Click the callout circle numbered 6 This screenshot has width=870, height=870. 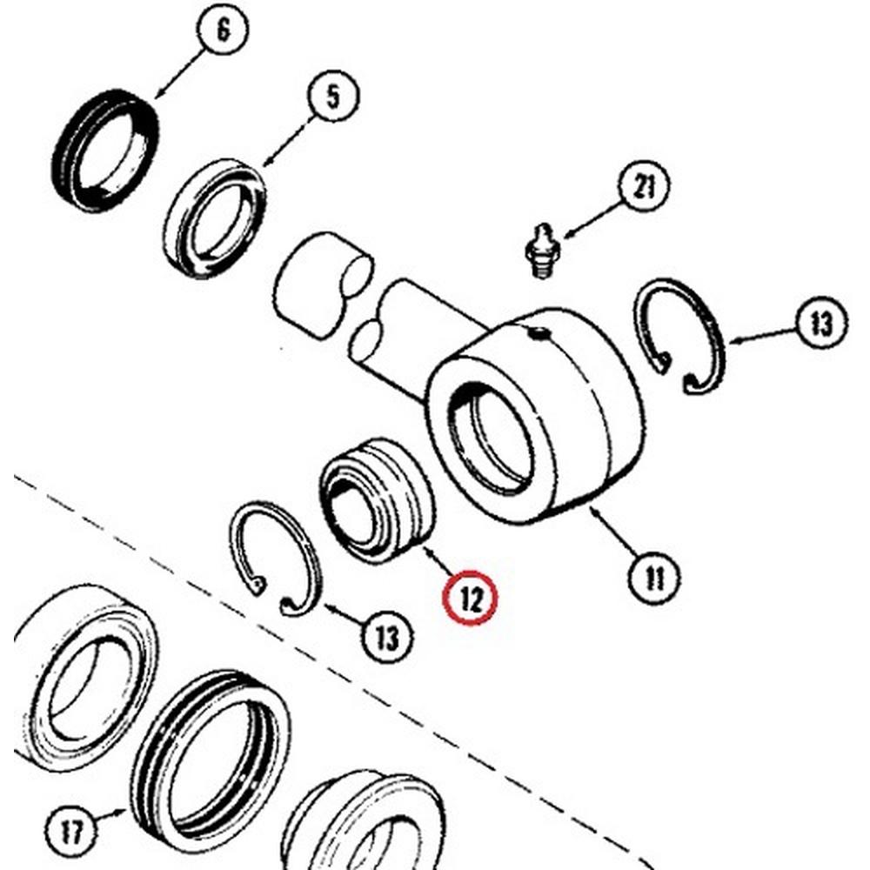pos(223,32)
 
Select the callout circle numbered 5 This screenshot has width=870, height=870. pos(334,97)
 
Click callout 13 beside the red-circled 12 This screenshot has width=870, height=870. pos(387,636)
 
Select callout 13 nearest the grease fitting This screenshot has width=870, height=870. pos(821,324)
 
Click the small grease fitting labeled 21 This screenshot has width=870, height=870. pos(542,251)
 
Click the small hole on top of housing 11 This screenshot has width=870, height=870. pos(538,331)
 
